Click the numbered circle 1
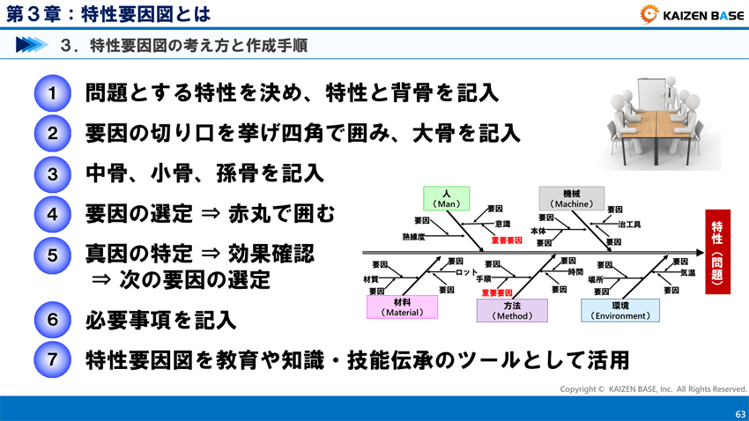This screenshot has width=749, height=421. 53,93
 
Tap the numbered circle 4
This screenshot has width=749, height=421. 53,214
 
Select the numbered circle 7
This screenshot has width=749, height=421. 53,360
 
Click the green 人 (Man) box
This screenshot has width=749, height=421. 447,198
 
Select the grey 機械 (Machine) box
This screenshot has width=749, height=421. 571,198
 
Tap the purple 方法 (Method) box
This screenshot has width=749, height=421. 512,310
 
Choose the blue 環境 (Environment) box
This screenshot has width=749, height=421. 619,310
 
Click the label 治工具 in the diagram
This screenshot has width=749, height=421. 628,225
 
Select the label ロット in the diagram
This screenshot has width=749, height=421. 467,271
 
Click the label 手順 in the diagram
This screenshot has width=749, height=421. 483,279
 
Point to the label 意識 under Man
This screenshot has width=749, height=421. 501,224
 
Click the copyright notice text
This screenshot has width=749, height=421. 653,388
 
